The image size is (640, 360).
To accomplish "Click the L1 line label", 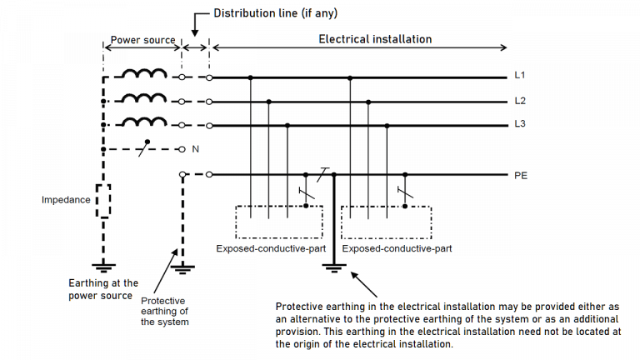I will (519, 76).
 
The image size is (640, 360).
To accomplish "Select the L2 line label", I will (519, 101).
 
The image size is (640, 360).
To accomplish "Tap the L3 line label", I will (519, 125).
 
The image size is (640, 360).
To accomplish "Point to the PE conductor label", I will (521, 175).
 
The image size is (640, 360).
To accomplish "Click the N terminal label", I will (196, 149).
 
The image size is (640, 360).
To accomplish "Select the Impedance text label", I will (66, 200).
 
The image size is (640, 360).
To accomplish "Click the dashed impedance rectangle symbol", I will (103, 201).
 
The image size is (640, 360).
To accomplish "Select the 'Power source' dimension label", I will (142, 39).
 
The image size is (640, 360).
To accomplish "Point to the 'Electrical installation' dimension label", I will (375, 39).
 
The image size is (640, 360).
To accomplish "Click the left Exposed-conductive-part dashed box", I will (279, 221).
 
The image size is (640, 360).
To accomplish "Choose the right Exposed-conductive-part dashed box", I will (387, 221).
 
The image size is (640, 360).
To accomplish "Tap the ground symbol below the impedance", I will (103, 267).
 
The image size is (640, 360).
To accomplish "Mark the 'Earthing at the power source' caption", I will (103, 289).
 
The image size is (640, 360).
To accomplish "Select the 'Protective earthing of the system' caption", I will (164, 311).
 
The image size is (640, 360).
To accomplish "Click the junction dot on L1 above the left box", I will (251, 77).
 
